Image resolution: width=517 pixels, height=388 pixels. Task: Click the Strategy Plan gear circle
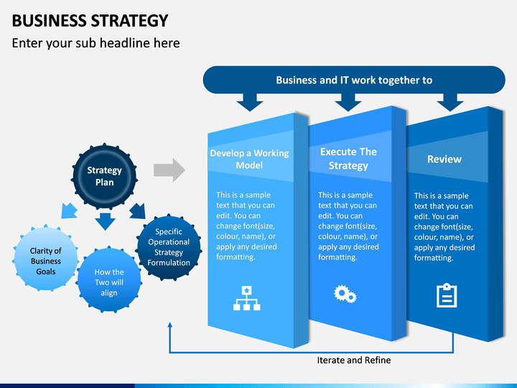(x=104, y=176)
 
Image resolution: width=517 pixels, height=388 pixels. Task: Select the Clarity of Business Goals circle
(x=45, y=259)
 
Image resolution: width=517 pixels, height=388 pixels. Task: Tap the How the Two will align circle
(x=109, y=280)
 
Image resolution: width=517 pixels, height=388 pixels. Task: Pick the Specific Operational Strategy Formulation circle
(x=169, y=247)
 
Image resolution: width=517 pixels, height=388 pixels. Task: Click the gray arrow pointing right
(x=169, y=170)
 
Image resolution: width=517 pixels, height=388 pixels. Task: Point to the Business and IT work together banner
(x=354, y=80)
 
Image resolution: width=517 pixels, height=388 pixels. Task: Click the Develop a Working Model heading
(x=249, y=159)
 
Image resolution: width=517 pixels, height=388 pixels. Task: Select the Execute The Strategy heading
(x=348, y=158)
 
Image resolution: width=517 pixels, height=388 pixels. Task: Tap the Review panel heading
(x=444, y=159)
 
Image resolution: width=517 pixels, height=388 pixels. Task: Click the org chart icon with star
(x=246, y=298)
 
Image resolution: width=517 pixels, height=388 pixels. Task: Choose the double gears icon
(x=345, y=294)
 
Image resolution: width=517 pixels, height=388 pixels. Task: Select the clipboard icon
(x=447, y=295)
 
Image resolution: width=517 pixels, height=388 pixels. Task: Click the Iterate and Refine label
(x=354, y=360)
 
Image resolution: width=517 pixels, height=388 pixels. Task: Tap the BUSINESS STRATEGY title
(x=90, y=20)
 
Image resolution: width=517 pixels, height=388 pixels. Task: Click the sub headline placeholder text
(x=96, y=43)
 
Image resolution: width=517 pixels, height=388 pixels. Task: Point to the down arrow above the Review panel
(x=450, y=102)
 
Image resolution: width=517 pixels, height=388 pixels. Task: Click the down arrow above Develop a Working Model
(x=250, y=102)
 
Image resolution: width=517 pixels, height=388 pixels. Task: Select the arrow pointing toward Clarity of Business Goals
(x=69, y=211)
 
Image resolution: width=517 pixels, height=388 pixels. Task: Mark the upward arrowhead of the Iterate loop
(x=169, y=325)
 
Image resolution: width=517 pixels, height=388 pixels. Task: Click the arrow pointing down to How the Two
(x=105, y=221)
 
